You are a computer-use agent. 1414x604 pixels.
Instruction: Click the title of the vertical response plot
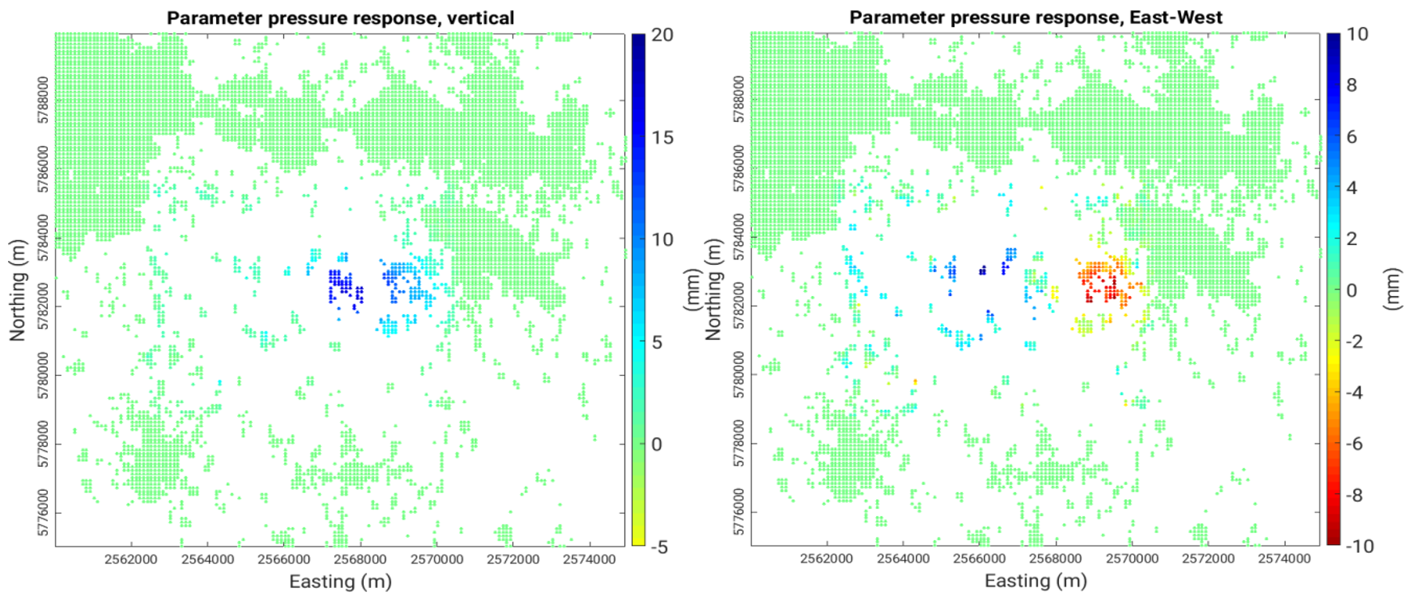coord(340,18)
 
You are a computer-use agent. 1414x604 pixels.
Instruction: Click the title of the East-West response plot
coord(1036,18)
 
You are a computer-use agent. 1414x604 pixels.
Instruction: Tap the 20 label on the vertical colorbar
coord(662,35)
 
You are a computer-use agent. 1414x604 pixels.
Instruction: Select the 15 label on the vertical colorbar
coord(662,137)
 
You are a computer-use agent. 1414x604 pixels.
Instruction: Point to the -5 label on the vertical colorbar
coord(659,547)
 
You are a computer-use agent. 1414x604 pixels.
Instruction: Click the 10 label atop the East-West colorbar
coord(1357,34)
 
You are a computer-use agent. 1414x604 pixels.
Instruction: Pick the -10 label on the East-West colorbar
coord(1360,547)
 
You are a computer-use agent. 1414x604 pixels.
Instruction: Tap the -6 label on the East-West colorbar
coord(1354,444)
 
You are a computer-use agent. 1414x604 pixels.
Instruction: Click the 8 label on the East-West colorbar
coord(1352,85)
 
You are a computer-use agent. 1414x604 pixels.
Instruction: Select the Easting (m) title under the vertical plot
coord(340,582)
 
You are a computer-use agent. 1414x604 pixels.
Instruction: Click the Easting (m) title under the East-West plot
coord(1036,582)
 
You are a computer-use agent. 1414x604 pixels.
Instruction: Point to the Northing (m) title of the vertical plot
coord(18,290)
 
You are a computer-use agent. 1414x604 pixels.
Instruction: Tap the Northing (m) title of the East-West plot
coord(713,290)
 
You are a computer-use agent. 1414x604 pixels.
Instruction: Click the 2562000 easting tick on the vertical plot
coord(131,559)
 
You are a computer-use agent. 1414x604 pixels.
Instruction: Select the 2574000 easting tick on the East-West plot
coord(1285,559)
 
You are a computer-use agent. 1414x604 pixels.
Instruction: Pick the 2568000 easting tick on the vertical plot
coord(361,559)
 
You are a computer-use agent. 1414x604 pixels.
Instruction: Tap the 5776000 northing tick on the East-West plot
coord(739,513)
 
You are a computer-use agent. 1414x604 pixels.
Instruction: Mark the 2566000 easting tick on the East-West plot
coord(979,559)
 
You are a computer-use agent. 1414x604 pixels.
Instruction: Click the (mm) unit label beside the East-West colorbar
coord(1392,289)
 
